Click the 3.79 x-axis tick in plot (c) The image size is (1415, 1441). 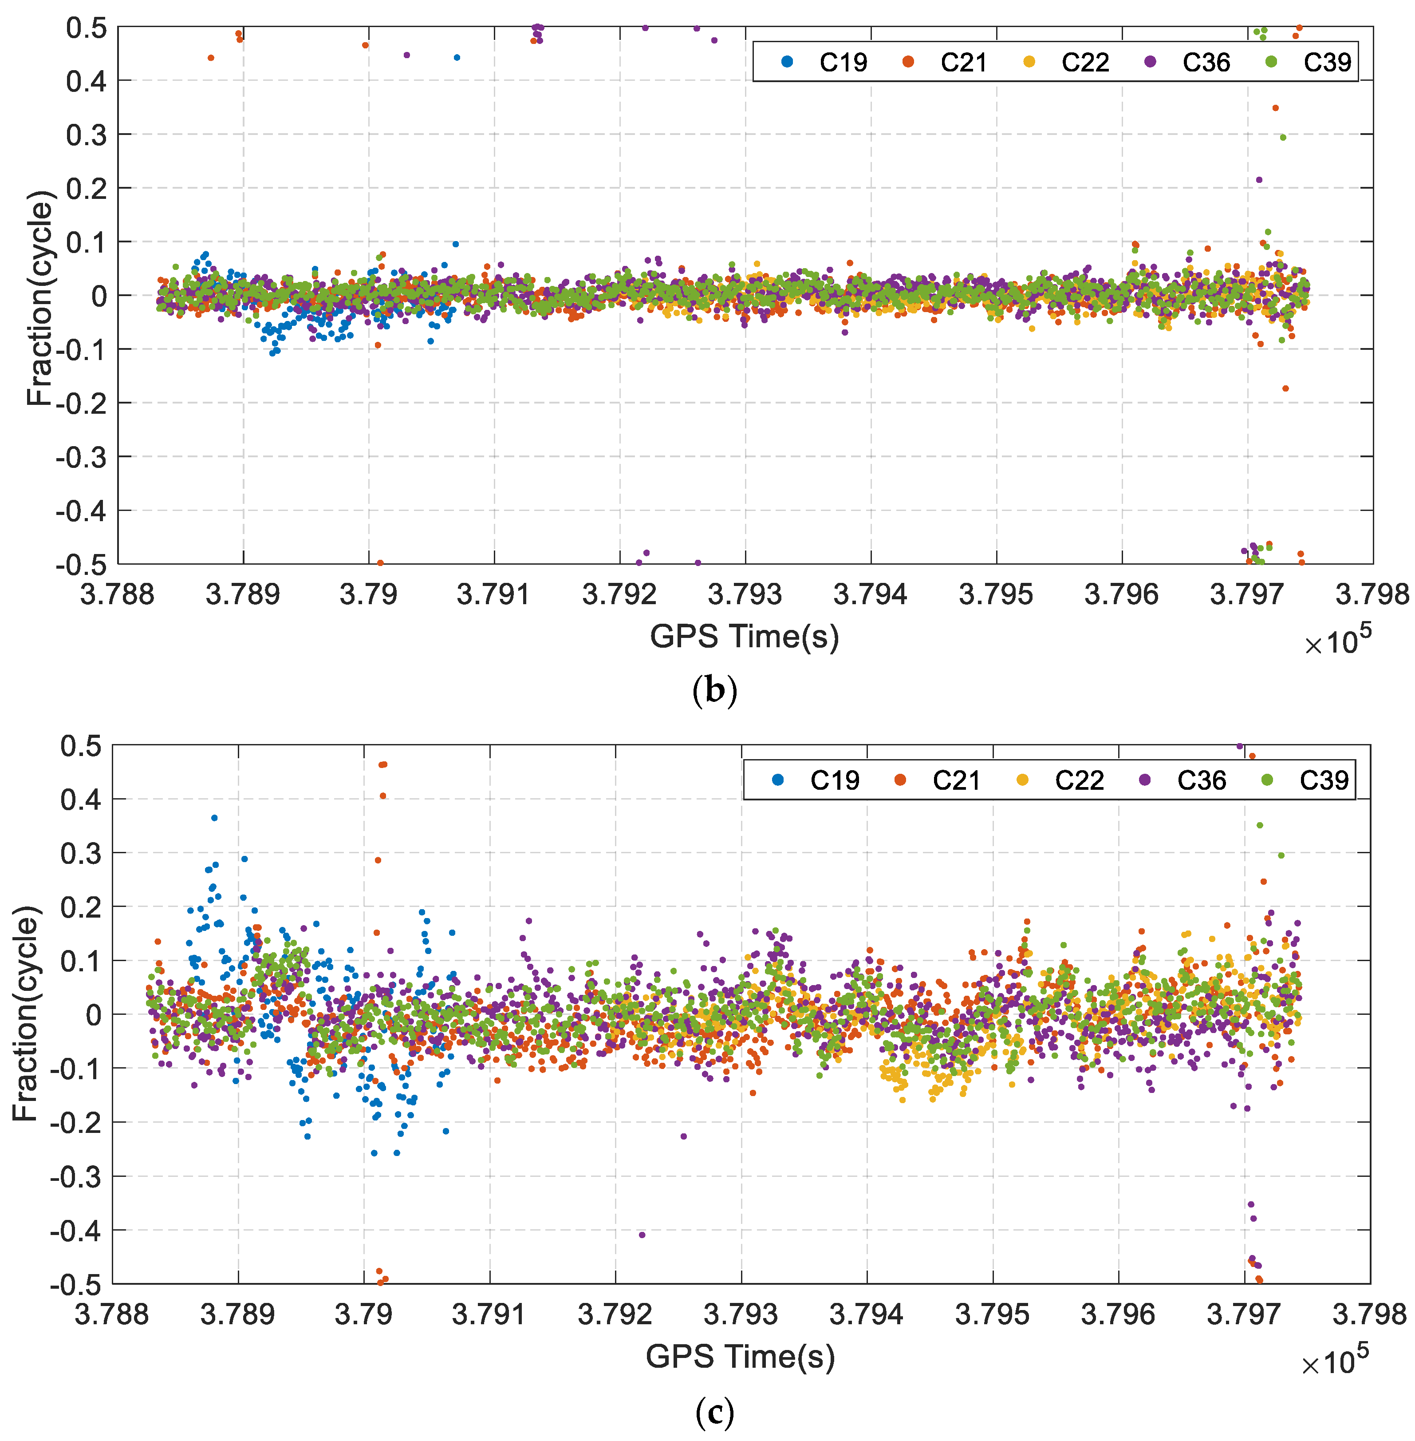coord(363,1314)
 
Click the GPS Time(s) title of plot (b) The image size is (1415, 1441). coord(744,637)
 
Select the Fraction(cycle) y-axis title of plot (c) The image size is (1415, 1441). coord(24,1014)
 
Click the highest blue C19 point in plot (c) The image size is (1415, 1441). coord(215,818)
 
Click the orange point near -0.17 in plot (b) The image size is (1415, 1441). coord(1285,388)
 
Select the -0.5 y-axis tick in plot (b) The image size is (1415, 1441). coord(81,564)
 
